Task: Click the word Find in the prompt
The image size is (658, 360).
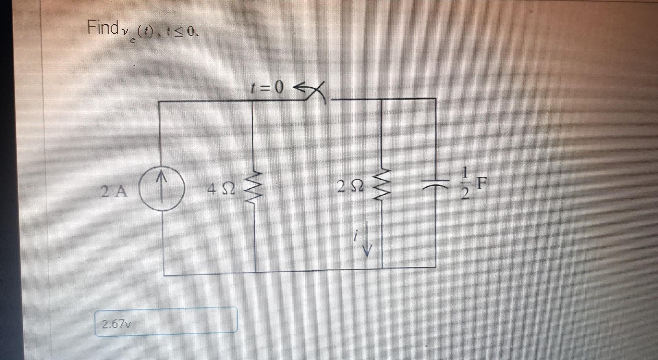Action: pos(102,27)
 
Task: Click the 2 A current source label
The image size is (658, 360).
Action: pos(114,191)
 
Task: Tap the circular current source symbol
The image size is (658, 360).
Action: pos(162,187)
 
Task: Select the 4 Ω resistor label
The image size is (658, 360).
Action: pos(221,189)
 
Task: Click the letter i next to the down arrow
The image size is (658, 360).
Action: pos(356,236)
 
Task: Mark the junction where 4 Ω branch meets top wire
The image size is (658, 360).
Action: pos(252,101)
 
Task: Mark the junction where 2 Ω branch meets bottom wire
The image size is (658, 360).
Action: pos(382,267)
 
